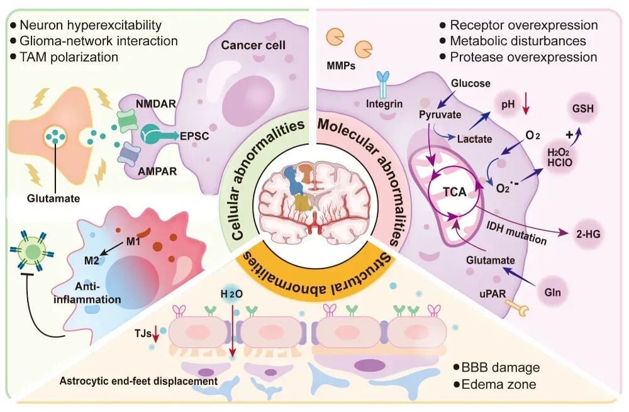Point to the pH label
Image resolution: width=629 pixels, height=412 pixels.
pos(509,99)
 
